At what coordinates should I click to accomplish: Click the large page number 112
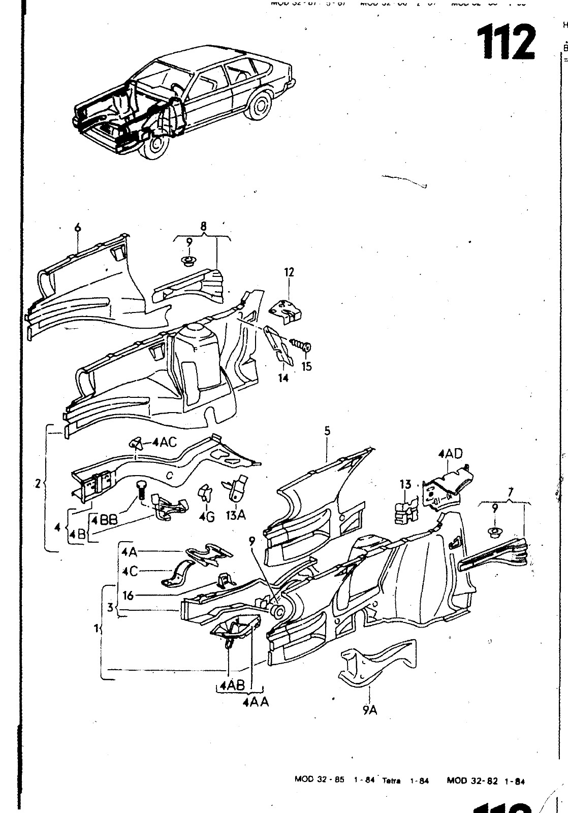click(x=506, y=42)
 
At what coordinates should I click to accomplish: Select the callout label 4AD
click(x=451, y=454)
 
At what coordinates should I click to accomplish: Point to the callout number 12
click(x=289, y=272)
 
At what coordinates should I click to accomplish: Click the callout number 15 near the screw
click(x=306, y=366)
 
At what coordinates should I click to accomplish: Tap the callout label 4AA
click(x=256, y=703)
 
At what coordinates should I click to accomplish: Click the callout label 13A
click(x=236, y=515)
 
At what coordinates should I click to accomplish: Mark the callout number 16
click(x=128, y=595)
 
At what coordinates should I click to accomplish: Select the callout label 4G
click(x=207, y=516)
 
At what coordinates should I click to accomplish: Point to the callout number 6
click(x=78, y=227)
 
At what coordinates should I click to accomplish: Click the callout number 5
click(x=327, y=431)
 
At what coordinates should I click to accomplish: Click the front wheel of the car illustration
click(x=159, y=146)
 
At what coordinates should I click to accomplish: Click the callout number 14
click(x=283, y=378)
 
